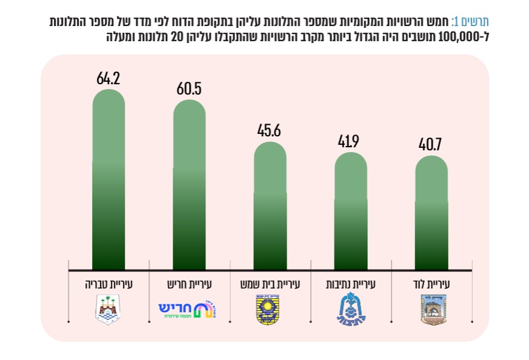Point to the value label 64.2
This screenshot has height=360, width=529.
[108, 79]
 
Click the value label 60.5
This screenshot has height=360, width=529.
[189, 89]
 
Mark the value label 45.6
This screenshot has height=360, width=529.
[270, 131]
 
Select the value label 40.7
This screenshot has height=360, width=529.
[432, 145]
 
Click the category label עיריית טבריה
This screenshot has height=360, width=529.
[109, 283]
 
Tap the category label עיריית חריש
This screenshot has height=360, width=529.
[189, 283]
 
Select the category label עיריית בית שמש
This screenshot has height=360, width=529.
[270, 283]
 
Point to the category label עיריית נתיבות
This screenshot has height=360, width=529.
[350, 283]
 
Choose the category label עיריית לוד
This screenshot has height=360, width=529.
[432, 283]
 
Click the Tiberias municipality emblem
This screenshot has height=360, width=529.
[109, 310]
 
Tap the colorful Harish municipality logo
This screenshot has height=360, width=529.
[188, 310]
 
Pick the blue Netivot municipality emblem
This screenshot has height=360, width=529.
[350, 310]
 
